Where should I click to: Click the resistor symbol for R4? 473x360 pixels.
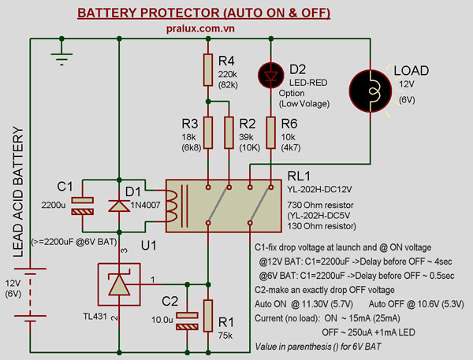pyautogui.click(x=207, y=69)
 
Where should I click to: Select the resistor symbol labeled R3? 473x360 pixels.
pyautogui.click(x=207, y=132)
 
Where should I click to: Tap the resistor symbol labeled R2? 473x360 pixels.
pyautogui.click(x=229, y=132)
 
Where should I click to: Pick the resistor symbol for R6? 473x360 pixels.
pyautogui.click(x=271, y=132)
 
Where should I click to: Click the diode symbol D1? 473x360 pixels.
pyautogui.click(x=118, y=207)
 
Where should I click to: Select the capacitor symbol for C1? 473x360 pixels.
pyautogui.click(x=81, y=206)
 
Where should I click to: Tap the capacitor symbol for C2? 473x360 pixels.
pyautogui.click(x=186, y=321)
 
